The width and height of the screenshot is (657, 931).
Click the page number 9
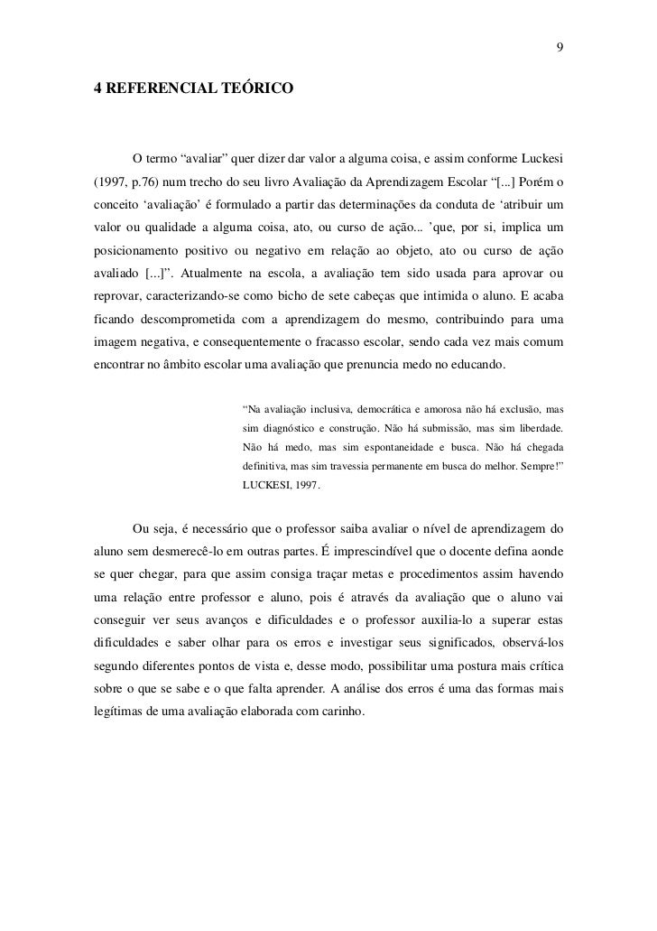[x=560, y=47]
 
